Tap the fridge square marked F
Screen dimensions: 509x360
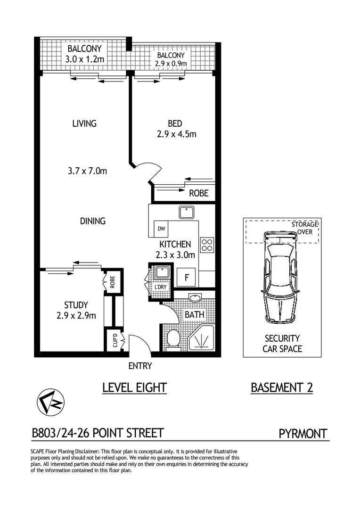coord(187,278)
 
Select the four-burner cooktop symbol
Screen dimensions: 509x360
coord(206,244)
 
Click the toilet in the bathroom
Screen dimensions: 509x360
coord(173,339)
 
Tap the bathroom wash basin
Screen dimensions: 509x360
coord(194,298)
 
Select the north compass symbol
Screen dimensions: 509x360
coord(50,402)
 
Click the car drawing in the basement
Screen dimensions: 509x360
coord(281,278)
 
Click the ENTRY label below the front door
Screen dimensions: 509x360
coord(140,366)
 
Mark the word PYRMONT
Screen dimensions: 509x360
coord(303,433)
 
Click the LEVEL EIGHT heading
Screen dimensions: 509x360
coord(135,387)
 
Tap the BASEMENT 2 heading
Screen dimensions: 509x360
coord(282,387)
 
